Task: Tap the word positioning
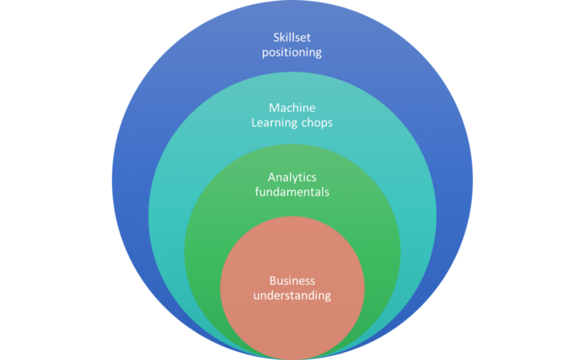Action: (292, 53)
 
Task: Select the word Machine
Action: (292, 108)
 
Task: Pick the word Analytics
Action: (292, 178)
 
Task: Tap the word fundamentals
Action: (292, 192)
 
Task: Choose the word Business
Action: (292, 281)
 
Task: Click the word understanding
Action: (292, 296)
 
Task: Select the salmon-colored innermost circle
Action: (292, 322)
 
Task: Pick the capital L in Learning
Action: (255, 123)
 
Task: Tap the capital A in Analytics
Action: (271, 178)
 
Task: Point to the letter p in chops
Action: (323, 124)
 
